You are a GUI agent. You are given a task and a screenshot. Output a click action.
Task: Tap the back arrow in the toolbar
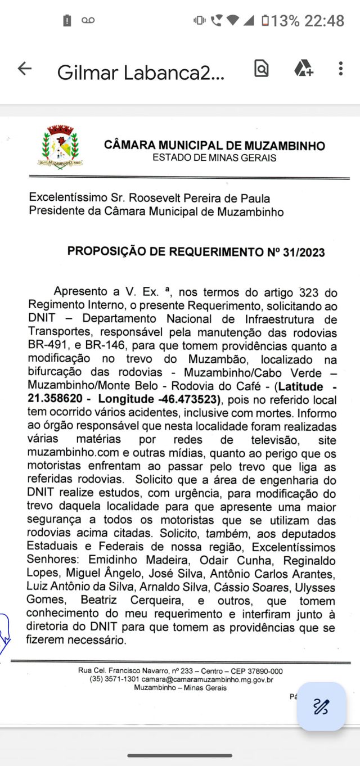(25, 69)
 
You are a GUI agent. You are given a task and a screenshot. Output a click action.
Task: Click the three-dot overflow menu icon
(340, 69)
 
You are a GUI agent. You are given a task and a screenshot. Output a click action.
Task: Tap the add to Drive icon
(303, 69)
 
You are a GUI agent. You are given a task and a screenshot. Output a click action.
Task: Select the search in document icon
(262, 69)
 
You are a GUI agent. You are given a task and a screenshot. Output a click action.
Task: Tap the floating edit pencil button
(321, 706)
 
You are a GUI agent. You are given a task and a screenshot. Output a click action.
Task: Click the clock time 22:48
(325, 21)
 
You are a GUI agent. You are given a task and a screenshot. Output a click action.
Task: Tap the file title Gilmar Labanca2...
(141, 73)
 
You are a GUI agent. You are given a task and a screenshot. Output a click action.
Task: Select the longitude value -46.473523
(190, 399)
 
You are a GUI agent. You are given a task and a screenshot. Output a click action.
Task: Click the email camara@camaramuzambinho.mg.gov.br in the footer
(208, 679)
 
